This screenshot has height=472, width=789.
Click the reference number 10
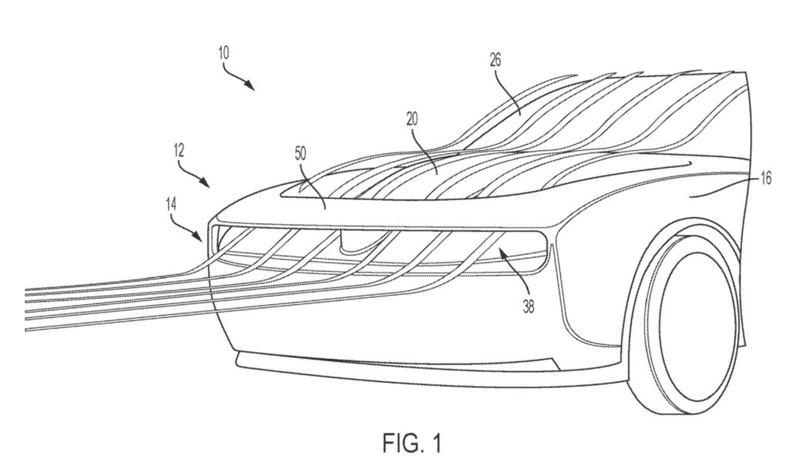pyautogui.click(x=223, y=54)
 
